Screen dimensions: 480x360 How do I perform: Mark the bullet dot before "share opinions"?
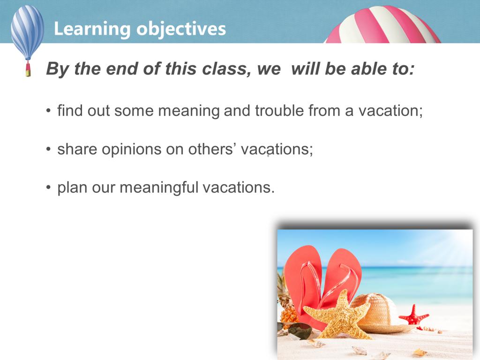[48, 150]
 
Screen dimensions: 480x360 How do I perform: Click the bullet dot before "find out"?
[48, 111]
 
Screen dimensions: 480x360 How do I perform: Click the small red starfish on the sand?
[413, 315]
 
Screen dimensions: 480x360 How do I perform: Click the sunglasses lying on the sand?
[294, 331]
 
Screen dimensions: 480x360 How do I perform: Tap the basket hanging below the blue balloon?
[28, 69]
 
